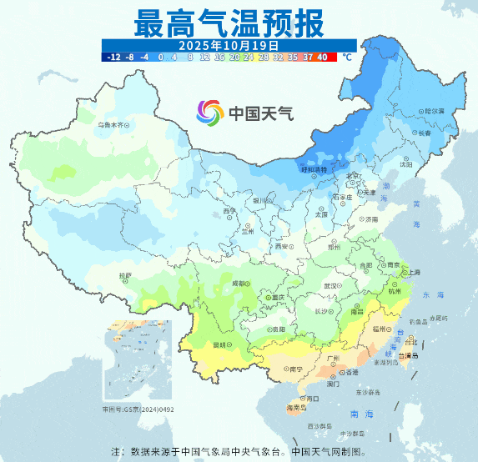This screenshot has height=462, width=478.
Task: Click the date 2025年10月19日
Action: point(229,44)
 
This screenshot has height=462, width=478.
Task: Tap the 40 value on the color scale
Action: point(322,57)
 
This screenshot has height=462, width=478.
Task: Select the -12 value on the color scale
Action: point(114,57)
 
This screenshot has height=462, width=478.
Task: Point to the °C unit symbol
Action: point(347,57)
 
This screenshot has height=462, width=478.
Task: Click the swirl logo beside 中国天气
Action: point(210,112)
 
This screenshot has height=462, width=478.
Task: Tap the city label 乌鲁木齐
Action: point(114,124)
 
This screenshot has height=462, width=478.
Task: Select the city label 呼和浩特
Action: point(315,170)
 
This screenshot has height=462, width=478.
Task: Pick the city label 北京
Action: point(354,176)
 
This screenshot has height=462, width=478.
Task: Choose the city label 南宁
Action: point(295,369)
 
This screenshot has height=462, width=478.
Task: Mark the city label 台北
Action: point(410,342)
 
